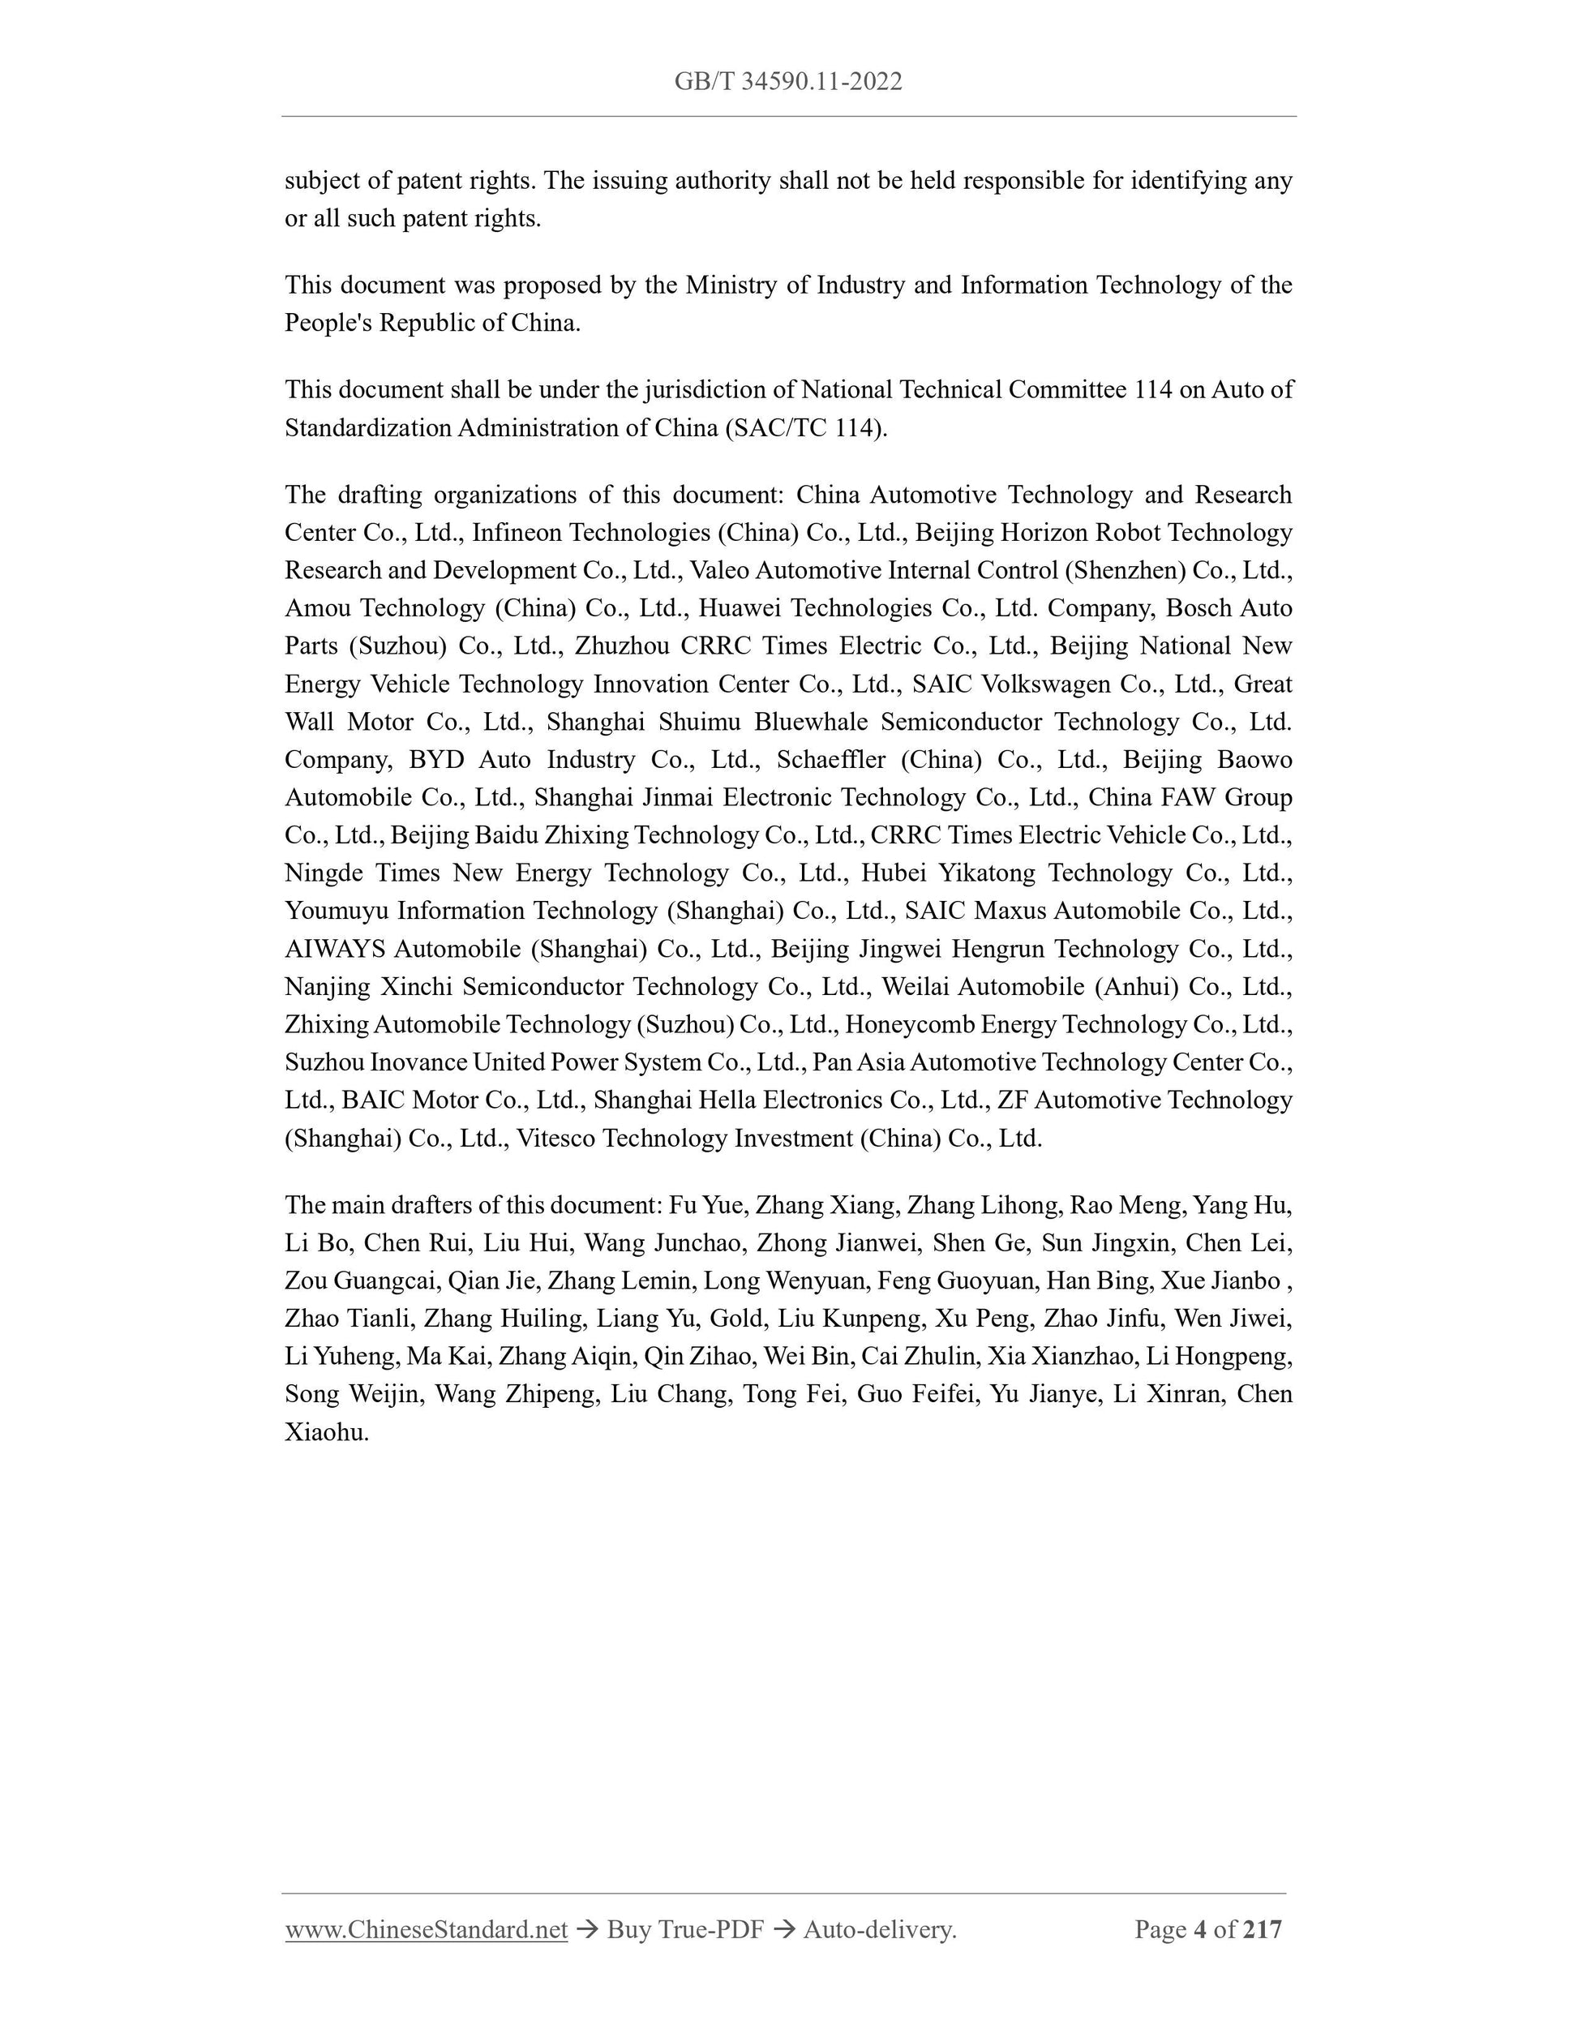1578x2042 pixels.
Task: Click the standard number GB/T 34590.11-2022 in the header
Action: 788,82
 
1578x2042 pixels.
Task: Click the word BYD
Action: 435,760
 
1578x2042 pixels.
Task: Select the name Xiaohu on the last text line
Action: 326,1432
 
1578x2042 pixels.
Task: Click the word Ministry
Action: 730,285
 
